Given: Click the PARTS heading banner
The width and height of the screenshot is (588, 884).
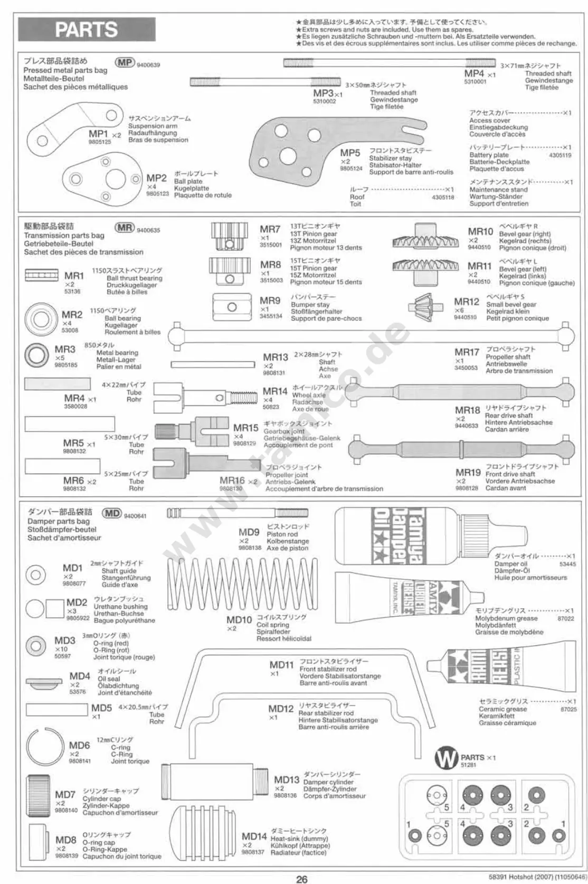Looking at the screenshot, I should (x=87, y=30).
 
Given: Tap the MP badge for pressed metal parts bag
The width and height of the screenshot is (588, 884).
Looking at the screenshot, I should (x=125, y=62).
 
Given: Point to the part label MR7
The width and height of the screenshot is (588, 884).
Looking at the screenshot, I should (x=270, y=229).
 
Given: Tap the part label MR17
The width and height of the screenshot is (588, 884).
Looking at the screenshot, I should (x=467, y=352).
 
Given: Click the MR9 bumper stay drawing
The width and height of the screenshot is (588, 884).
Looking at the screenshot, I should (x=232, y=307).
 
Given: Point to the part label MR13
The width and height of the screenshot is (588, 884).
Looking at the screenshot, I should (x=276, y=358).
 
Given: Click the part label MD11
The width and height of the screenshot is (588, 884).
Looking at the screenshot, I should (x=281, y=665).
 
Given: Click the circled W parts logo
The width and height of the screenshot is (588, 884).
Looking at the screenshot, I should (x=446, y=759).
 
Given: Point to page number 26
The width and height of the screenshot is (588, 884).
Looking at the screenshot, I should (x=301, y=879).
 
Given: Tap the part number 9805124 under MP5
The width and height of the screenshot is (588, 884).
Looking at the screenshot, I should (x=351, y=168).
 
